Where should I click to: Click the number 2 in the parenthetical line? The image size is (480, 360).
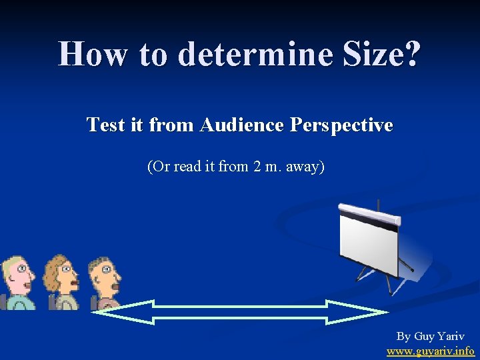[257, 166]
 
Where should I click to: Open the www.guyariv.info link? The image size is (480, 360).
[431, 351]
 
